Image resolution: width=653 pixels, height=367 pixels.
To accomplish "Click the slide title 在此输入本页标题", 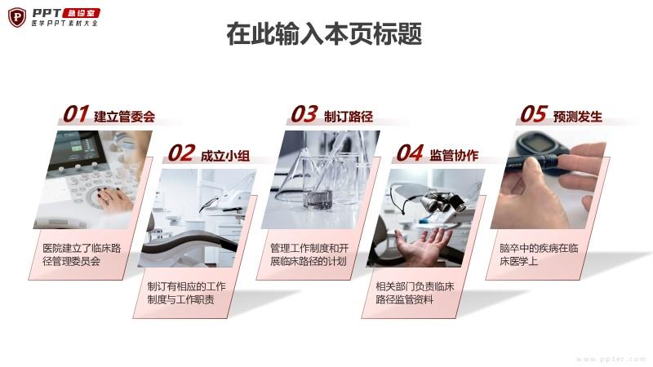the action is pyautogui.click(x=324, y=33).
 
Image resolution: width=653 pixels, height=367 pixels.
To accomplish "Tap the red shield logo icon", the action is pyautogui.click(x=17, y=17).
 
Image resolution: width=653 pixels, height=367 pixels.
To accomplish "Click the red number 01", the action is pyautogui.click(x=76, y=114).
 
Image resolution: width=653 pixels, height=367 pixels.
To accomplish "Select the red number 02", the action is pyautogui.click(x=181, y=153).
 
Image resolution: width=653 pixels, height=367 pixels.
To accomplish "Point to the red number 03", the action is pyautogui.click(x=304, y=114).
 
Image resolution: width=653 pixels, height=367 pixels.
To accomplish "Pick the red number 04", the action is pyautogui.click(x=410, y=153).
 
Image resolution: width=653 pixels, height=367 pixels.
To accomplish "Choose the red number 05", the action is pyautogui.click(x=534, y=114).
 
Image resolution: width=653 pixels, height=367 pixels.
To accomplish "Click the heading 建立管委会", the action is pyautogui.click(x=125, y=117).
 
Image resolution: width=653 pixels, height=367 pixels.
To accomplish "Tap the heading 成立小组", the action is pyautogui.click(x=225, y=156).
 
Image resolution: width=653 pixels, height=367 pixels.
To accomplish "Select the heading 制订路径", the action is pyautogui.click(x=349, y=117).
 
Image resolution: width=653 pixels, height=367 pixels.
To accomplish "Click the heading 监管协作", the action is pyautogui.click(x=454, y=155).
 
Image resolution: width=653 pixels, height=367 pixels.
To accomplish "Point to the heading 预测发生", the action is pyautogui.click(x=578, y=117).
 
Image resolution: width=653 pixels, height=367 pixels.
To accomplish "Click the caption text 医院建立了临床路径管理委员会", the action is pyautogui.click(x=82, y=254).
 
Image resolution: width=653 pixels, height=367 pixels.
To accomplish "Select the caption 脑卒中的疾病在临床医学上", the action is pyautogui.click(x=539, y=254).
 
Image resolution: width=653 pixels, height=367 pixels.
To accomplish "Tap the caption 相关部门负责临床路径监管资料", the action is pyautogui.click(x=415, y=293).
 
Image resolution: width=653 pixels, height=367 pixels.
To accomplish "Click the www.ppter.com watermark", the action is pyautogui.click(x=611, y=359).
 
